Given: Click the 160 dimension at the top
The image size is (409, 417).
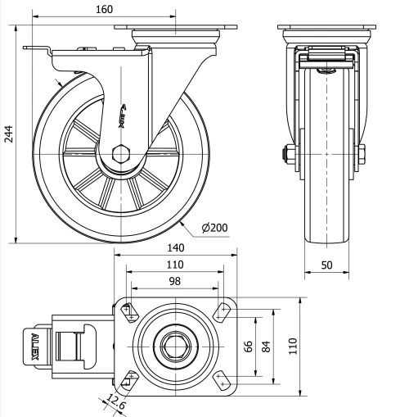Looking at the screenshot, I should point(104,8).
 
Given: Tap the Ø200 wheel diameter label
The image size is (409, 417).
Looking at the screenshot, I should point(213,227).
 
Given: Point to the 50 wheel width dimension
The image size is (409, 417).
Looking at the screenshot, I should point(326,265).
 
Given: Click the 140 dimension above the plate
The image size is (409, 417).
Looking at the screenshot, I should point(175,247).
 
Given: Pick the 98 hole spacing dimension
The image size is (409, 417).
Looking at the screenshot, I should point(175,281).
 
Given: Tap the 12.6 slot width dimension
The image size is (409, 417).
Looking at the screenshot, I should point(118,405).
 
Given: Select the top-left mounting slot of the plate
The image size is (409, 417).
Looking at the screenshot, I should point(129,310).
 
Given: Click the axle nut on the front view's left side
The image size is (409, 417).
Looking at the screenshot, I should point(288,152).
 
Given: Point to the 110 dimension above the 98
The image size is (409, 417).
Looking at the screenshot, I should point(175,265).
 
